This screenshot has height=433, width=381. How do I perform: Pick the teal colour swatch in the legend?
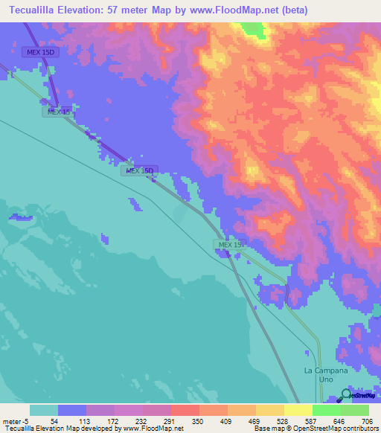pos(44,410)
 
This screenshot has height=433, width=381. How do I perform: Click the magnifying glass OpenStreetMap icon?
pos(346,395)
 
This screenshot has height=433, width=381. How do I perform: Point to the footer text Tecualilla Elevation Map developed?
pos(60,429)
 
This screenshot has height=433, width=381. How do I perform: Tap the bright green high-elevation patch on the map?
pos(256,29)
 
